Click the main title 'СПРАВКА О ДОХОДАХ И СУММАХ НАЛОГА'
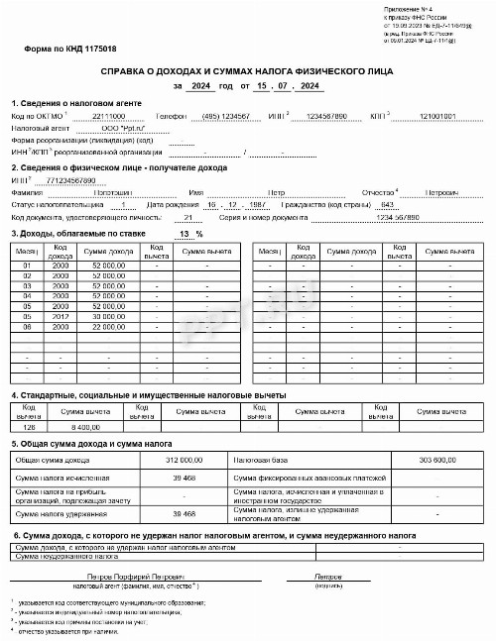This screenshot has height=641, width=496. pos(247,73)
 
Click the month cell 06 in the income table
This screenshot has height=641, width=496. pos(28,326)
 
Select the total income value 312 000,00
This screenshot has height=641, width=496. pos(184,461)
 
